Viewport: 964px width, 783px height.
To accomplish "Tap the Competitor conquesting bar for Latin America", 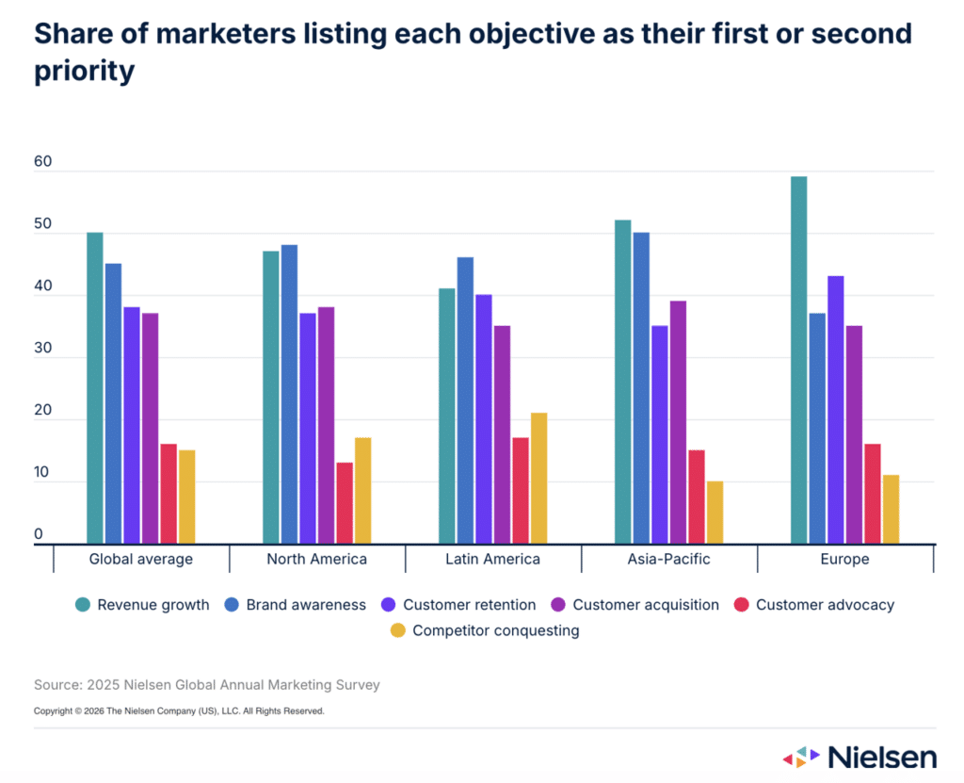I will click(538, 478).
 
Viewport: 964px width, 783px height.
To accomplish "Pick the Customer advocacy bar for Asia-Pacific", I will click(696, 497).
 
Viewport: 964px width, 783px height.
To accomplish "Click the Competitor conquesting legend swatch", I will click(398, 630).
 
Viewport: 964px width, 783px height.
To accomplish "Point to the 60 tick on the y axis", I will click(43, 162).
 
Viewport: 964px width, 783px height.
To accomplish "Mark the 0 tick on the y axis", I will click(39, 534).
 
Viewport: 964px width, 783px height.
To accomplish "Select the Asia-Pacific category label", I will click(668, 559).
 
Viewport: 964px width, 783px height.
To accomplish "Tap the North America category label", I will click(316, 559).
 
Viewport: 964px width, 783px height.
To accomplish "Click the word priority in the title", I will click(85, 72).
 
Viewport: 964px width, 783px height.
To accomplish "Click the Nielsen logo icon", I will click(801, 757).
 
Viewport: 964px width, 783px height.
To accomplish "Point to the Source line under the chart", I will click(207, 685).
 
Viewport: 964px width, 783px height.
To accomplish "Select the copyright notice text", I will click(179, 711).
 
